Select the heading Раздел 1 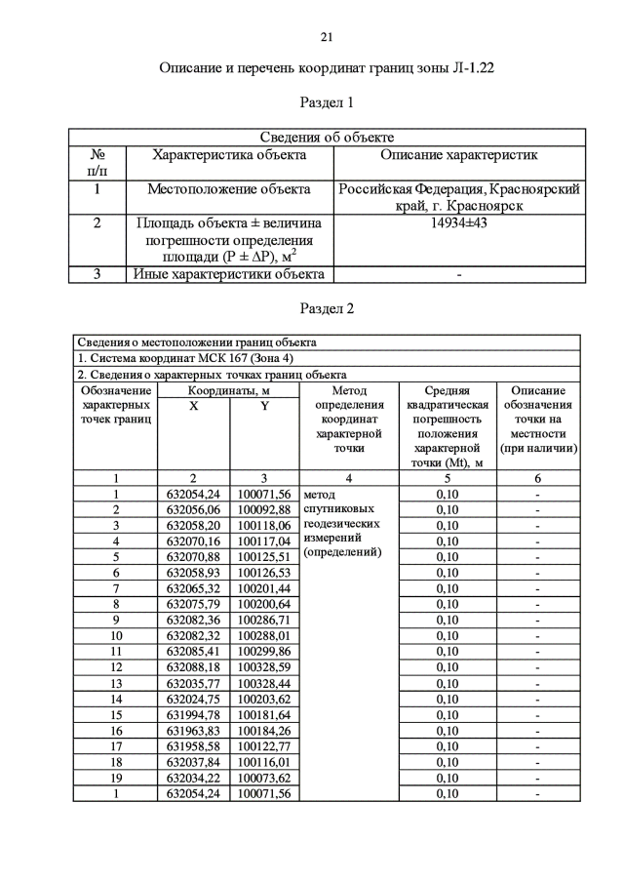pos(327,101)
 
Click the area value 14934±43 pos(458,223)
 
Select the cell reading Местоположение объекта pos(228,189)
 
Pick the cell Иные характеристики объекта pos(228,274)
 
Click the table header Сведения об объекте pos(327,138)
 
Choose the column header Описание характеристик pos(458,154)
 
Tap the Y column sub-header pos(264,405)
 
